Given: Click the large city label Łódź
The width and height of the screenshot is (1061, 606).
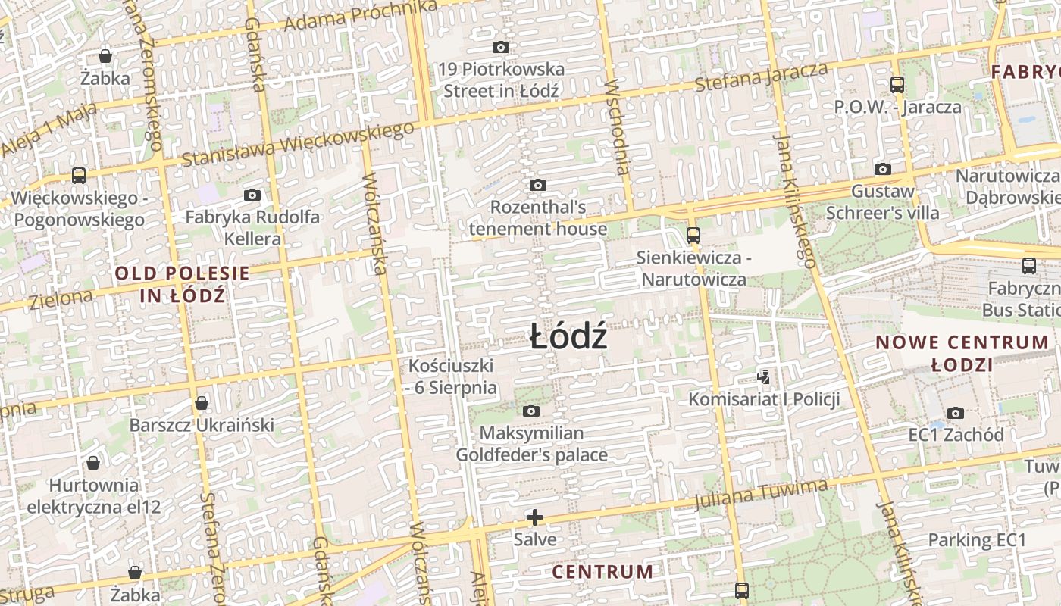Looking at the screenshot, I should click(x=568, y=337).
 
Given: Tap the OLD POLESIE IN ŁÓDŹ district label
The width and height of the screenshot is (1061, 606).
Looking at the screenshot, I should click(x=182, y=284).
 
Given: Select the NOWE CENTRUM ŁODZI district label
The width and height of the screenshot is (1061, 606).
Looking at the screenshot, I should click(x=962, y=353).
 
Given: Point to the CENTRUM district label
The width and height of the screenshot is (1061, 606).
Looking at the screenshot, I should click(x=602, y=571).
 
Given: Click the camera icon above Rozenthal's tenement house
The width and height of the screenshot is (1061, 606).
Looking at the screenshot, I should click(x=538, y=185).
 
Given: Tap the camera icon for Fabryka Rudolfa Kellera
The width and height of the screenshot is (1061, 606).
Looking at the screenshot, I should click(x=252, y=195).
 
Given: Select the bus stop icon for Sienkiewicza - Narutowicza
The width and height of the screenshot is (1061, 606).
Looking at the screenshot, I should click(x=693, y=235).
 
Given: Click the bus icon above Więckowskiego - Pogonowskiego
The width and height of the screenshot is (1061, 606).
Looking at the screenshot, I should click(x=78, y=176).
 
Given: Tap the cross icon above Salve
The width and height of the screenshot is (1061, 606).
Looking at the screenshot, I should click(x=535, y=517).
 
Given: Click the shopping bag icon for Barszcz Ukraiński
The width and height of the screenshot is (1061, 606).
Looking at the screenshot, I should click(x=202, y=402).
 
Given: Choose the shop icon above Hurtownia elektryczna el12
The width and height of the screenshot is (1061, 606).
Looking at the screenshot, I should click(x=93, y=462).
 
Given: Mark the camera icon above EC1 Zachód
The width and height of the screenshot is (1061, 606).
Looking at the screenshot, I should click(x=956, y=413).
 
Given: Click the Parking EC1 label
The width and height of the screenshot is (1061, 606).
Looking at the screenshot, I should click(x=977, y=540).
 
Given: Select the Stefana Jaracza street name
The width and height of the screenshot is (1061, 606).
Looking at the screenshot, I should click(x=761, y=77).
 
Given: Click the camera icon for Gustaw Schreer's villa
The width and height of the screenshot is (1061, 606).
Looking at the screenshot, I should click(x=883, y=169).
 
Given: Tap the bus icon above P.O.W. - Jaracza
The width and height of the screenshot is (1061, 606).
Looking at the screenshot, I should click(x=897, y=84).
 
